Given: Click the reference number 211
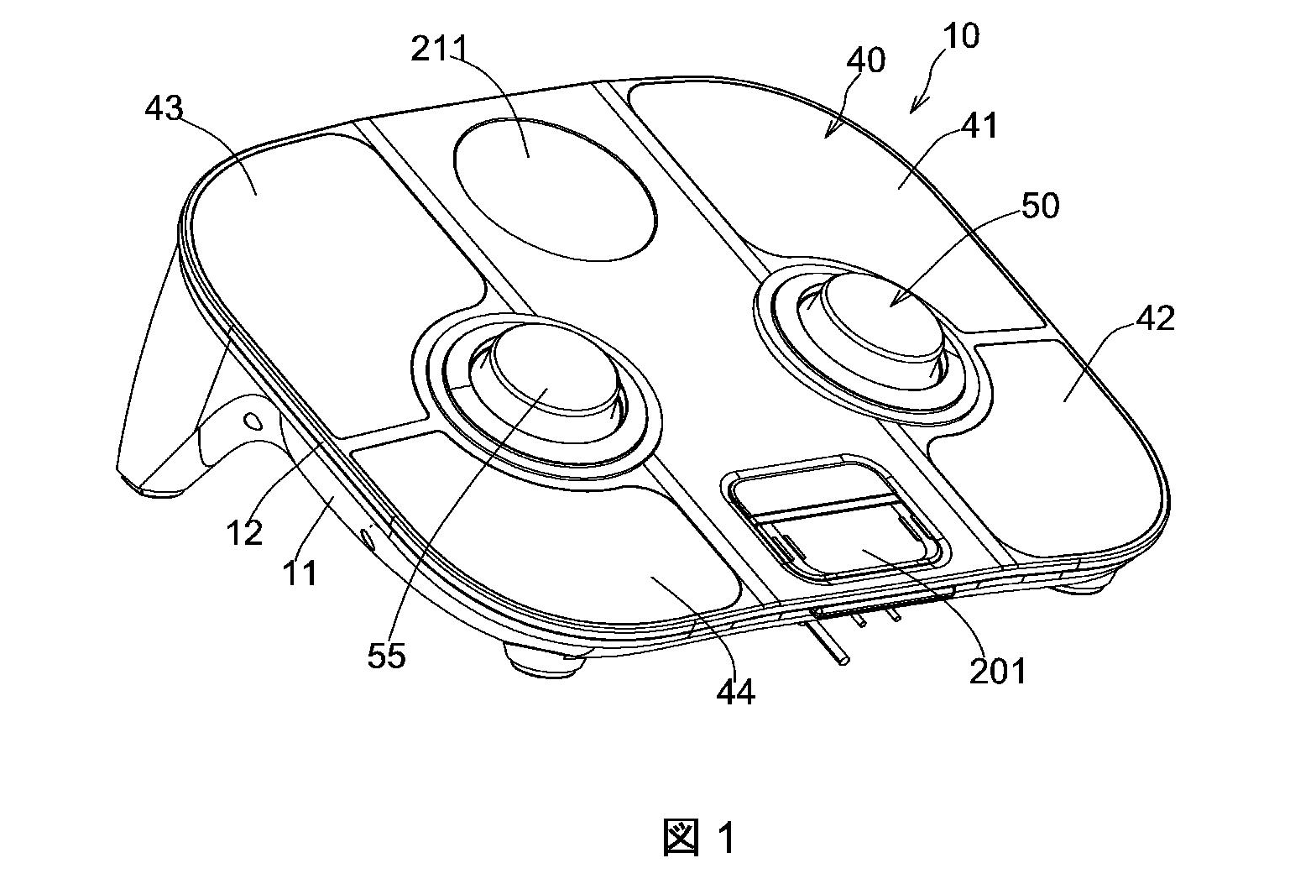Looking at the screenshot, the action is click(x=438, y=49).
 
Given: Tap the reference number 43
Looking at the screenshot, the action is click(x=164, y=107).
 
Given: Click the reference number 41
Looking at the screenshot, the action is click(x=979, y=125).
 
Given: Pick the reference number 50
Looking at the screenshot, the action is click(x=1041, y=206).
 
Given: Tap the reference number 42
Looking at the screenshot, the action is click(x=1155, y=318).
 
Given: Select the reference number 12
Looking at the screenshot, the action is click(x=245, y=532).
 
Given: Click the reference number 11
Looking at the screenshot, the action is click(x=300, y=573).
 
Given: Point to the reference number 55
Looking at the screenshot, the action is click(x=386, y=656).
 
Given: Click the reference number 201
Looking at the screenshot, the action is click(x=997, y=671).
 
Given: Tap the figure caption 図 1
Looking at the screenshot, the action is click(x=699, y=838).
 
